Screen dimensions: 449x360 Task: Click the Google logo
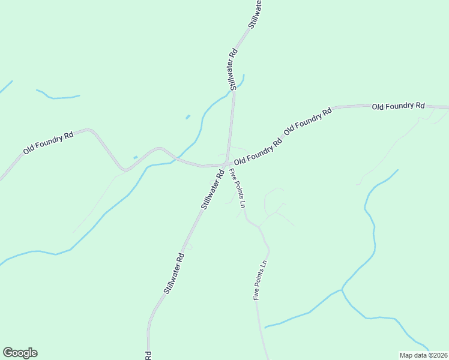pos(20,353)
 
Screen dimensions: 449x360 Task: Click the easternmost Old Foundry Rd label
pos(398,106)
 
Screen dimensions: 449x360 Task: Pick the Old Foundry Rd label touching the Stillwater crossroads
pos(258,153)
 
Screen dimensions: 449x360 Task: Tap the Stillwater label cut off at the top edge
pos(255,13)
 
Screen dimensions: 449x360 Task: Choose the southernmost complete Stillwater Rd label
pos(174,272)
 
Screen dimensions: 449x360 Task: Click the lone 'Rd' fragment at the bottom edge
pos(148,355)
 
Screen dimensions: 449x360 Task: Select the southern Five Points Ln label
pos(259,281)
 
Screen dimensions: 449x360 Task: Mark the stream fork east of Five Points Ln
pos(342,290)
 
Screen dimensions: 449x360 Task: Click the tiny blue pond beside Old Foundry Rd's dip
pos(135,157)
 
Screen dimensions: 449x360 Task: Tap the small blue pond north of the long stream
pos(188,116)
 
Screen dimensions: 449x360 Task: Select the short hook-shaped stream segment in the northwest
pos(57,96)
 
